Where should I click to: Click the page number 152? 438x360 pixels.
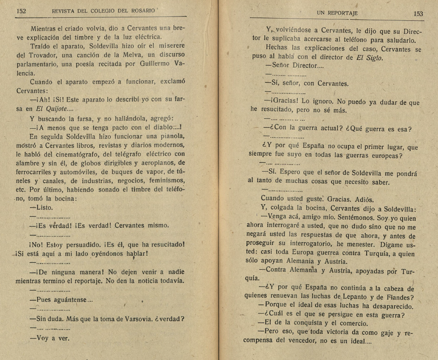tap(21, 11)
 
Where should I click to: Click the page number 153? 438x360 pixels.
tap(418, 14)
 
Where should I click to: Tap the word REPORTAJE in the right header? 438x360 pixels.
tap(343, 14)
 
